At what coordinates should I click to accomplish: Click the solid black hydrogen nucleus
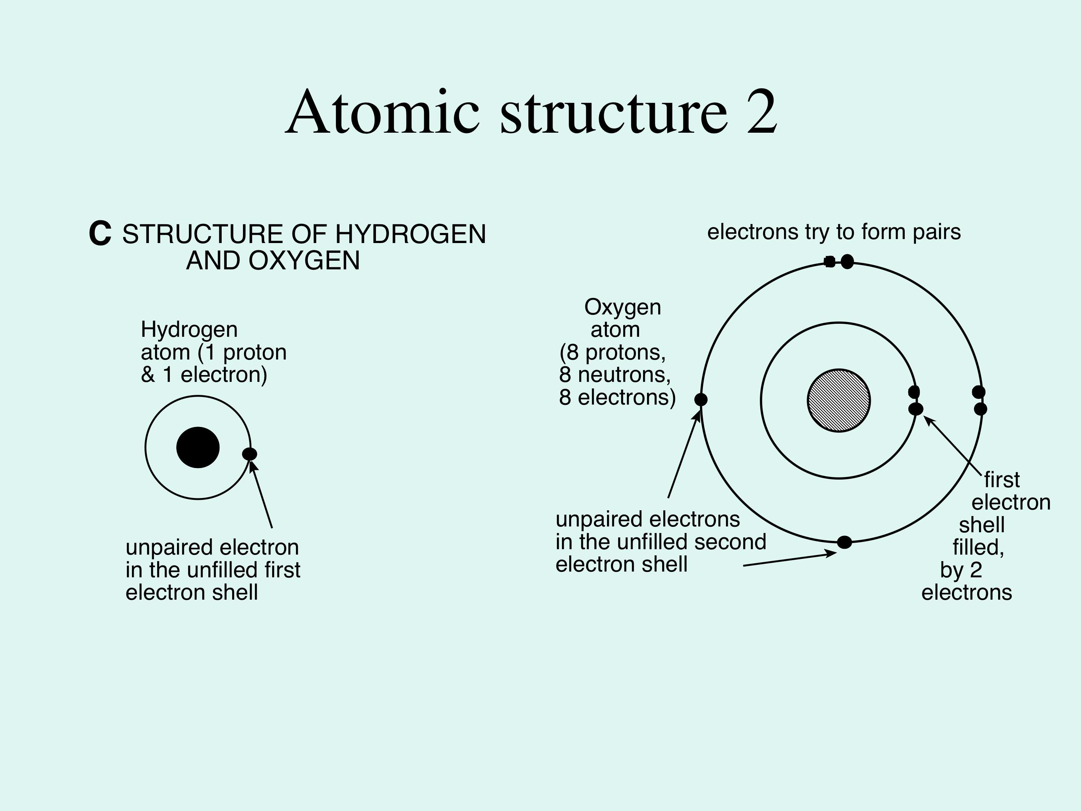pyautogui.click(x=198, y=447)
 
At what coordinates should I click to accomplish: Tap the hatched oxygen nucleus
pyautogui.click(x=839, y=400)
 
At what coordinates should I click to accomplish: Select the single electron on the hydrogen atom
pyautogui.click(x=250, y=454)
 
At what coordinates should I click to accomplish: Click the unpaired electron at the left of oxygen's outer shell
pyautogui.click(x=701, y=400)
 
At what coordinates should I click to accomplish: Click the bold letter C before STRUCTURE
pyautogui.click(x=100, y=234)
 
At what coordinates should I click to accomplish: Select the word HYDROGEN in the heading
pyautogui.click(x=411, y=234)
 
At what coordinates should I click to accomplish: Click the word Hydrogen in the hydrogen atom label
pyautogui.click(x=189, y=330)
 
